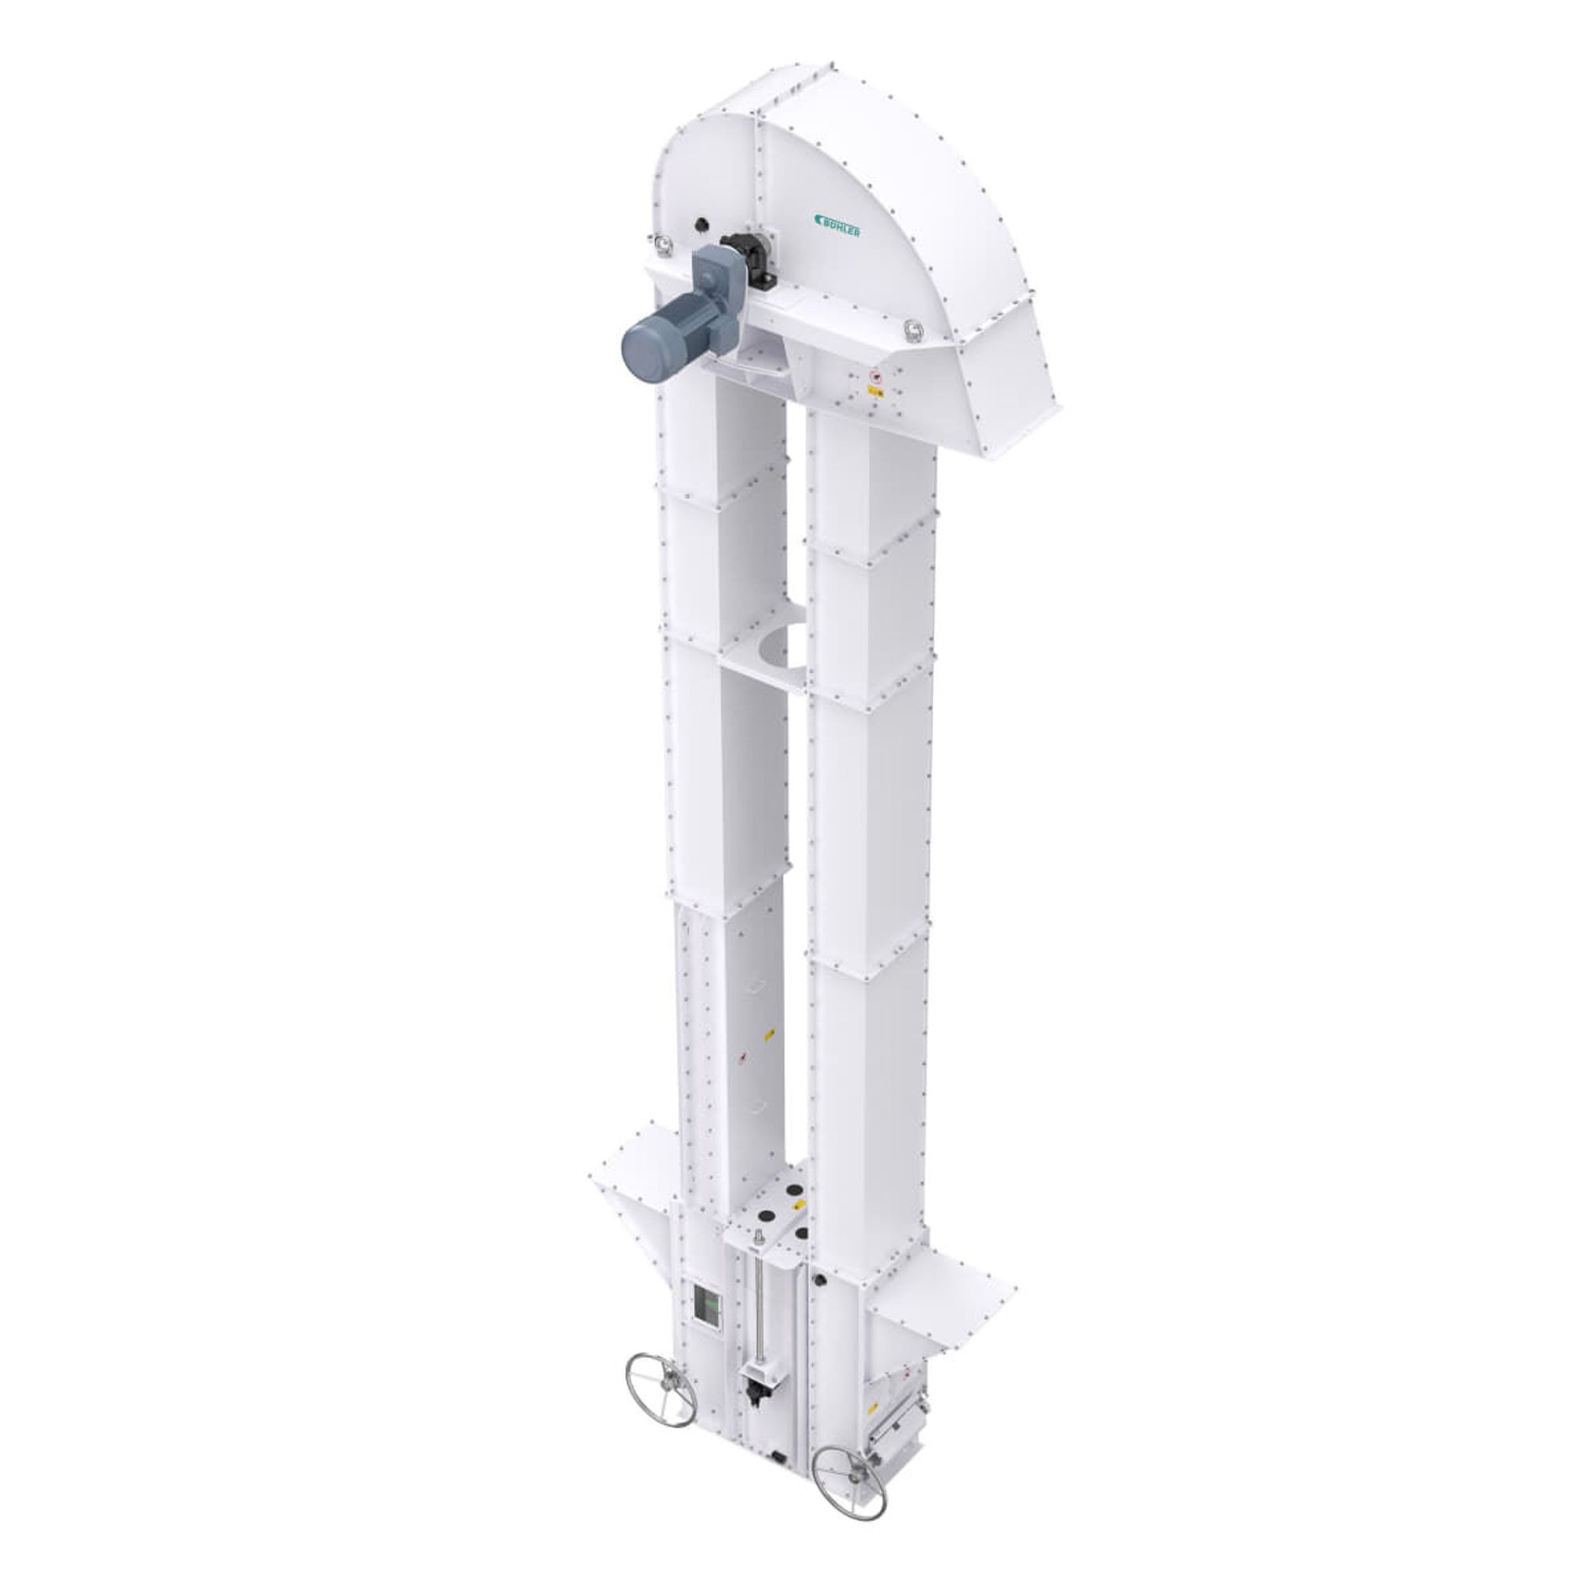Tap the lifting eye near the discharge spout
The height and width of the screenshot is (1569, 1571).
[x=915, y=327]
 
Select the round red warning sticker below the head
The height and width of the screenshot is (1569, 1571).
[x=875, y=377]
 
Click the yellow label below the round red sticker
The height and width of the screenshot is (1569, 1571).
[x=875, y=392]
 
